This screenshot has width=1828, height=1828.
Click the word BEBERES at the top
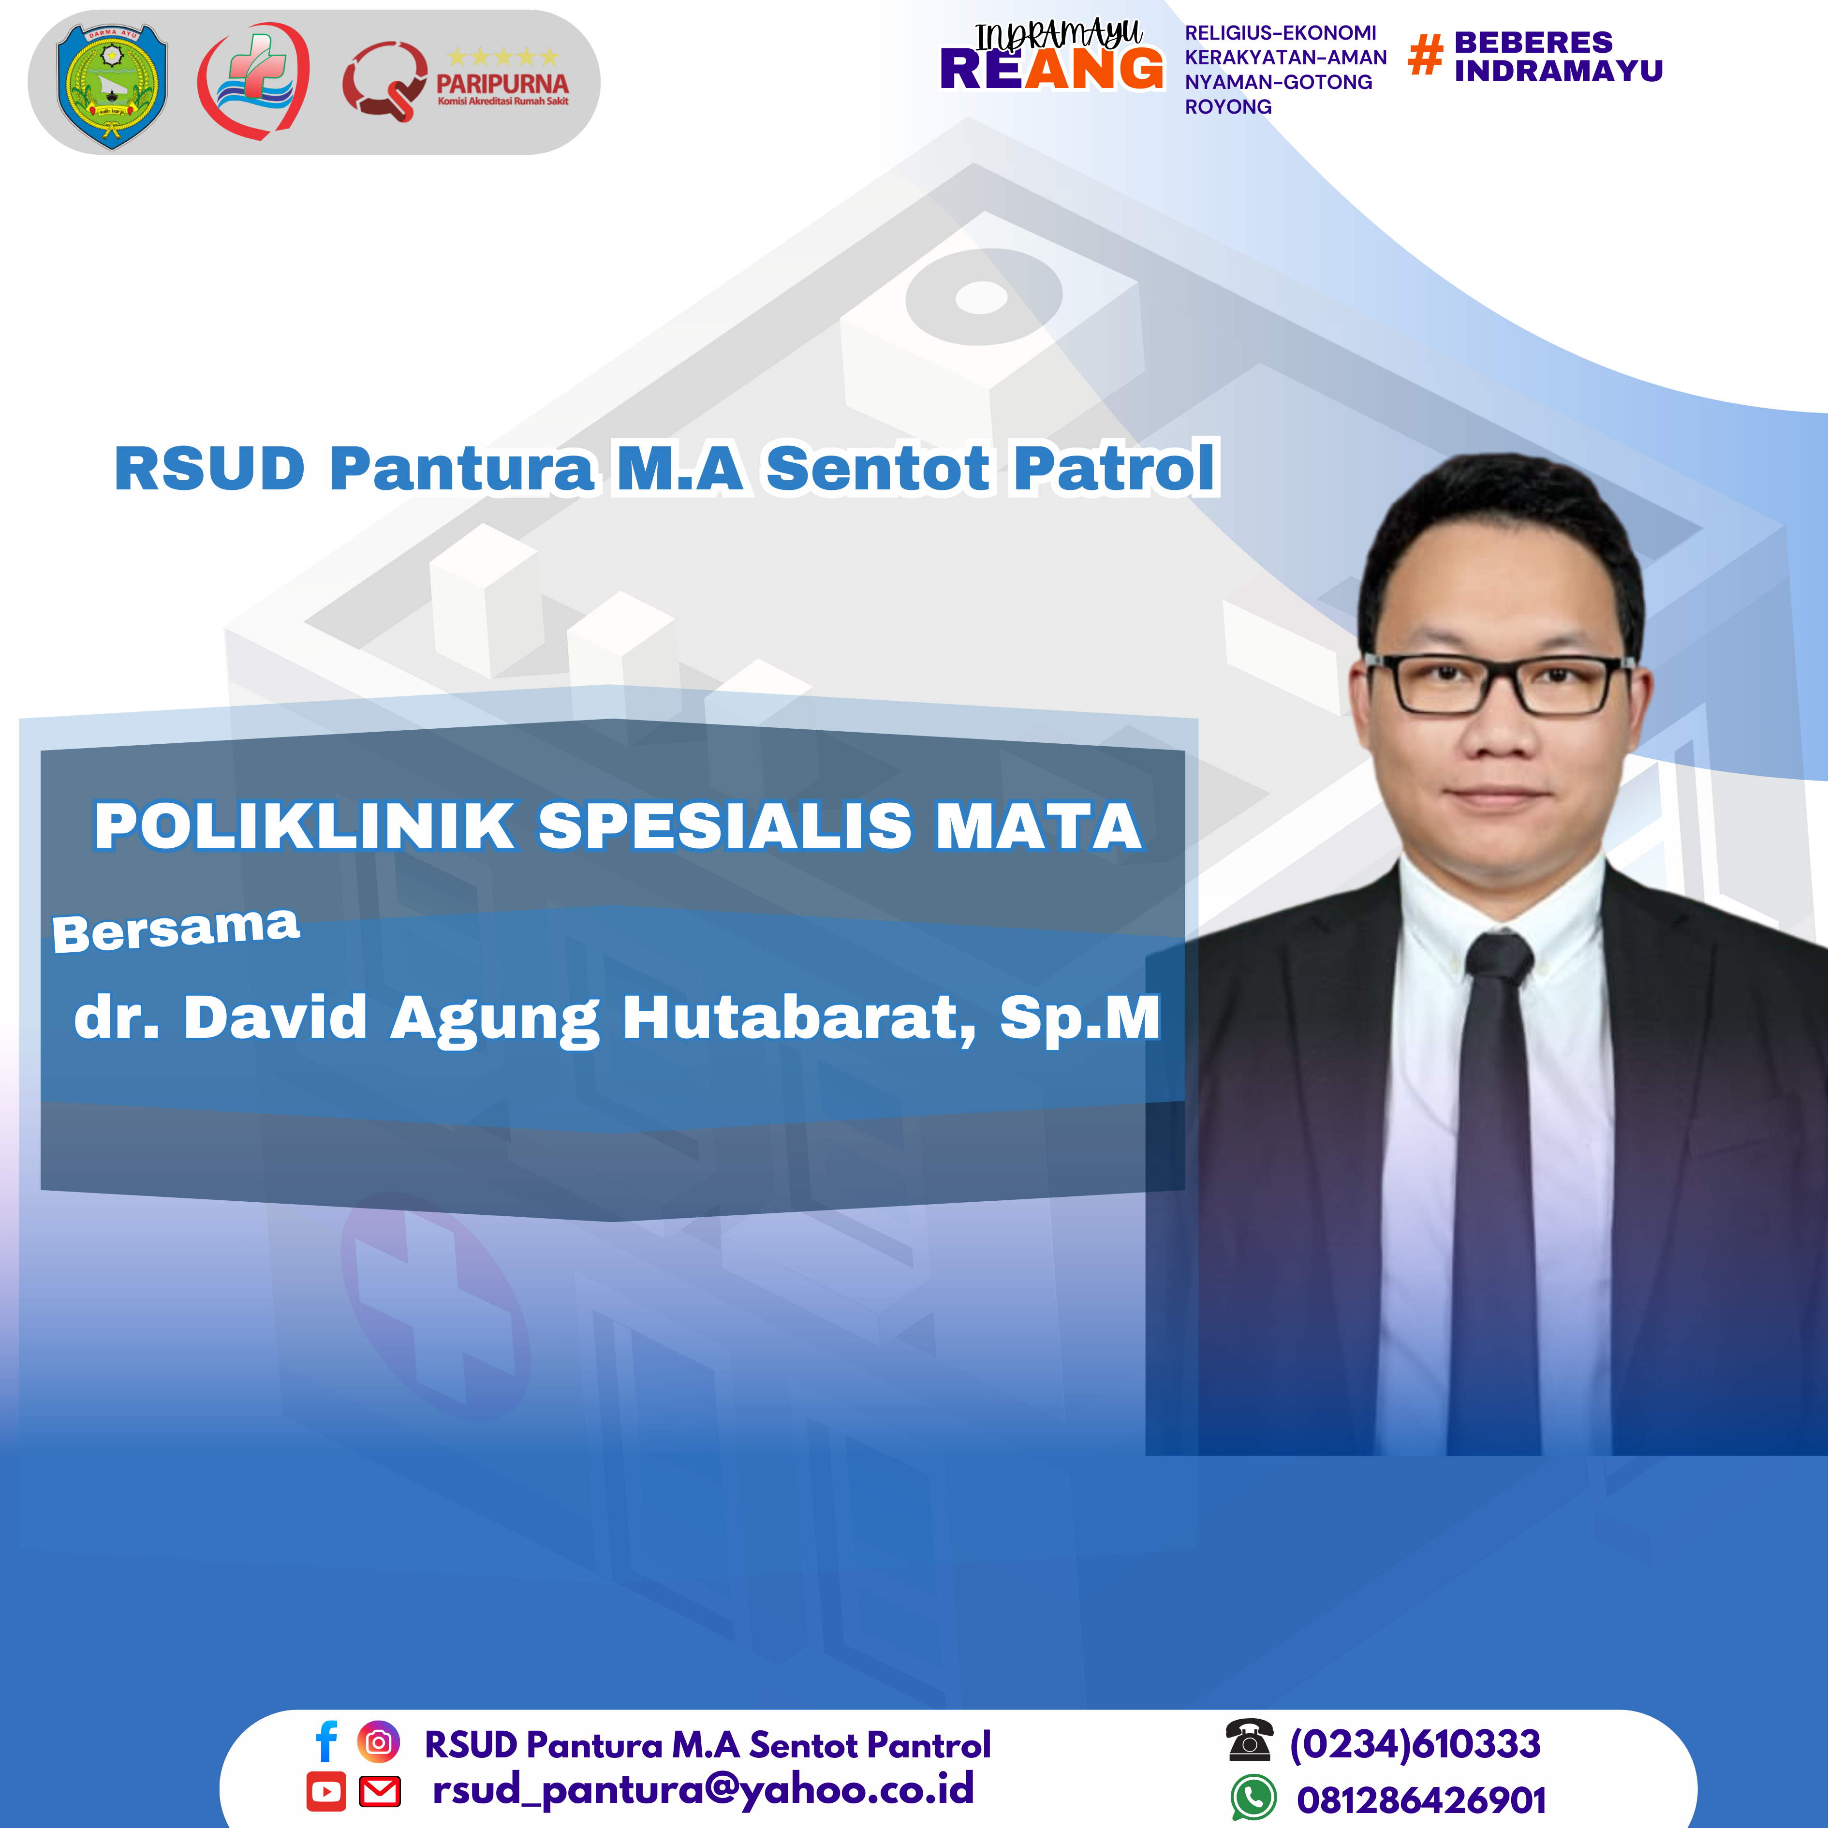(x=1533, y=43)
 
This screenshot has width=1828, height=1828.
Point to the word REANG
(x=1051, y=69)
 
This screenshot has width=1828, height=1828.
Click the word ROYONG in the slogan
(x=1228, y=107)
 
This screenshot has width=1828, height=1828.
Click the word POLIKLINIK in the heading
(x=305, y=826)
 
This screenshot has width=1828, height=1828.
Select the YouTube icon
(x=326, y=1791)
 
